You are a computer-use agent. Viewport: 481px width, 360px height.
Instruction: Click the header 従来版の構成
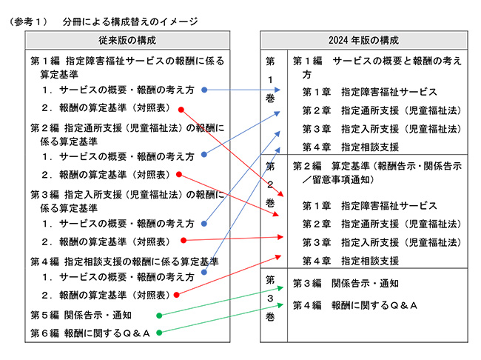click(x=127, y=40)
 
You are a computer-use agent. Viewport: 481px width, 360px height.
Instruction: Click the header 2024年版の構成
click(x=363, y=40)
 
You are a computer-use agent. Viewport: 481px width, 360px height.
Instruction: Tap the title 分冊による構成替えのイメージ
click(x=130, y=21)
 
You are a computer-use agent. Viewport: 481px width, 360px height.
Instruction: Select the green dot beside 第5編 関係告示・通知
click(x=159, y=316)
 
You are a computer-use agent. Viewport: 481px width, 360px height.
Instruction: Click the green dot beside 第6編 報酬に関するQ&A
click(x=159, y=333)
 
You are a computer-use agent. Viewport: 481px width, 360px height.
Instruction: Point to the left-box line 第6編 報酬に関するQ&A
click(x=90, y=333)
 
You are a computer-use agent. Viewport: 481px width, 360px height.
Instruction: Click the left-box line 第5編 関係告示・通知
click(x=81, y=315)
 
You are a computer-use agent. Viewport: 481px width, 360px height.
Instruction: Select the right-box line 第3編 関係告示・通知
click(x=346, y=283)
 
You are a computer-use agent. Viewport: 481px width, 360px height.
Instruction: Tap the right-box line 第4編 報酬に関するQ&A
click(x=355, y=305)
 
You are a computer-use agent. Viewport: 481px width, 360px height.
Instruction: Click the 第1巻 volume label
click(x=270, y=80)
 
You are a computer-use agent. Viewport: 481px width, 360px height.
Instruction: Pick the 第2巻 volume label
click(x=270, y=184)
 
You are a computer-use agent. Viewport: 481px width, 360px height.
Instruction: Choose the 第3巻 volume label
click(x=270, y=298)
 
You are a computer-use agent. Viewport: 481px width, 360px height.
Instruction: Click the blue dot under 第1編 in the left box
click(x=204, y=90)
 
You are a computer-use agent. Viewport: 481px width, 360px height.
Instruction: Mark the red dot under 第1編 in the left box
click(x=181, y=110)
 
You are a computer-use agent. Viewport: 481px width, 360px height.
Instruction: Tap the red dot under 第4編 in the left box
click(x=176, y=295)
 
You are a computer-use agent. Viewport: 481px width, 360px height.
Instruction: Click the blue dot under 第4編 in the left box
click(x=204, y=272)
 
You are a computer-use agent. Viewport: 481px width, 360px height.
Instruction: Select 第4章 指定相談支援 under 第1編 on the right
click(x=351, y=147)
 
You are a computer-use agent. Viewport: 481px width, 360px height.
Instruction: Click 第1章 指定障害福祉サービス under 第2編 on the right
click(x=370, y=205)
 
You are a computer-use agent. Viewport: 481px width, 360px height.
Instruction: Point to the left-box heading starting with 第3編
click(x=127, y=201)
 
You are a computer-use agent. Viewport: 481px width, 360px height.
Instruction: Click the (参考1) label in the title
click(x=28, y=21)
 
